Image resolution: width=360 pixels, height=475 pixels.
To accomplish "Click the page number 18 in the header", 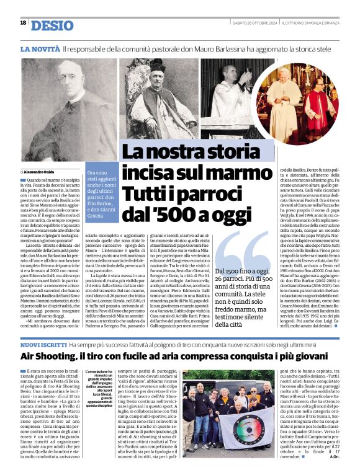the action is click(x=23, y=23).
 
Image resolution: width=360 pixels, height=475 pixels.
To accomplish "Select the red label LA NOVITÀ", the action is click(x=40, y=48).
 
